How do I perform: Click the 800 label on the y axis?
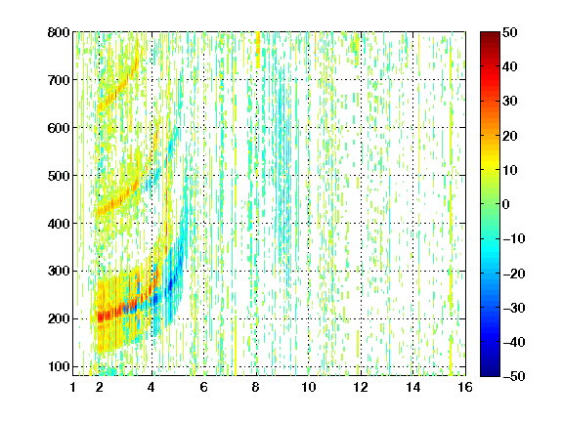tap(59, 32)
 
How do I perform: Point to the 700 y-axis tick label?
tap(59, 80)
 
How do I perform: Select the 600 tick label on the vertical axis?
tap(59, 128)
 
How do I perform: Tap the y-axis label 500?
tap(59, 176)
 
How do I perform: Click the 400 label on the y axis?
tap(59, 224)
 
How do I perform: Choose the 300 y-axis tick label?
tap(59, 272)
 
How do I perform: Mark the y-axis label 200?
tap(59, 319)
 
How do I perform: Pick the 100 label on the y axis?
tap(59, 366)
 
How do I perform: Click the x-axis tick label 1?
tap(73, 388)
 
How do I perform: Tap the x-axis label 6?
tap(204, 388)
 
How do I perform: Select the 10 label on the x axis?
tap(309, 388)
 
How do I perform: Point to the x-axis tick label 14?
tap(413, 388)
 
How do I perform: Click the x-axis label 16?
tap(465, 388)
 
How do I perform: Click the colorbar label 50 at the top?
tap(510, 32)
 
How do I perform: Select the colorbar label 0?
tap(506, 204)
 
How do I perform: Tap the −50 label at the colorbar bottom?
tap(514, 376)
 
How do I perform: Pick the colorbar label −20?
tap(514, 274)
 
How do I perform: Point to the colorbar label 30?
tap(510, 102)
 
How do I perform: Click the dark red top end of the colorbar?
tap(490, 35)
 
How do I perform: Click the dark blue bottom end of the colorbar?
tap(490, 373)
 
